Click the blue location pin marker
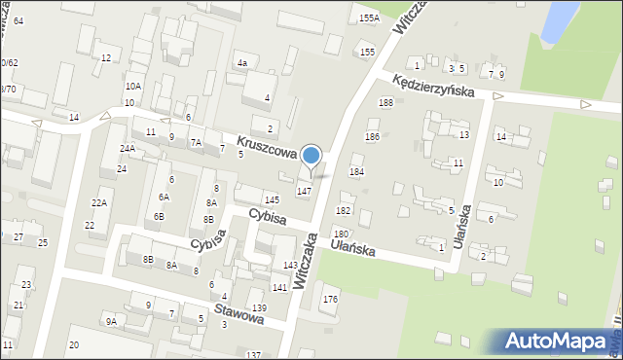(x=311, y=157)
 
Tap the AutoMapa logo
(x=557, y=341)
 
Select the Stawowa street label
(x=240, y=314)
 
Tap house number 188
(x=385, y=102)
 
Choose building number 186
(x=372, y=137)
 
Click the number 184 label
(x=356, y=171)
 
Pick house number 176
(x=330, y=299)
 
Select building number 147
(x=304, y=191)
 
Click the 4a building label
(x=242, y=63)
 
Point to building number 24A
(x=128, y=148)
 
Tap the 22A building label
(x=99, y=202)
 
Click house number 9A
(x=112, y=321)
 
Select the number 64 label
(x=18, y=20)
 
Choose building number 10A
(x=132, y=87)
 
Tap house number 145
(x=272, y=199)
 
